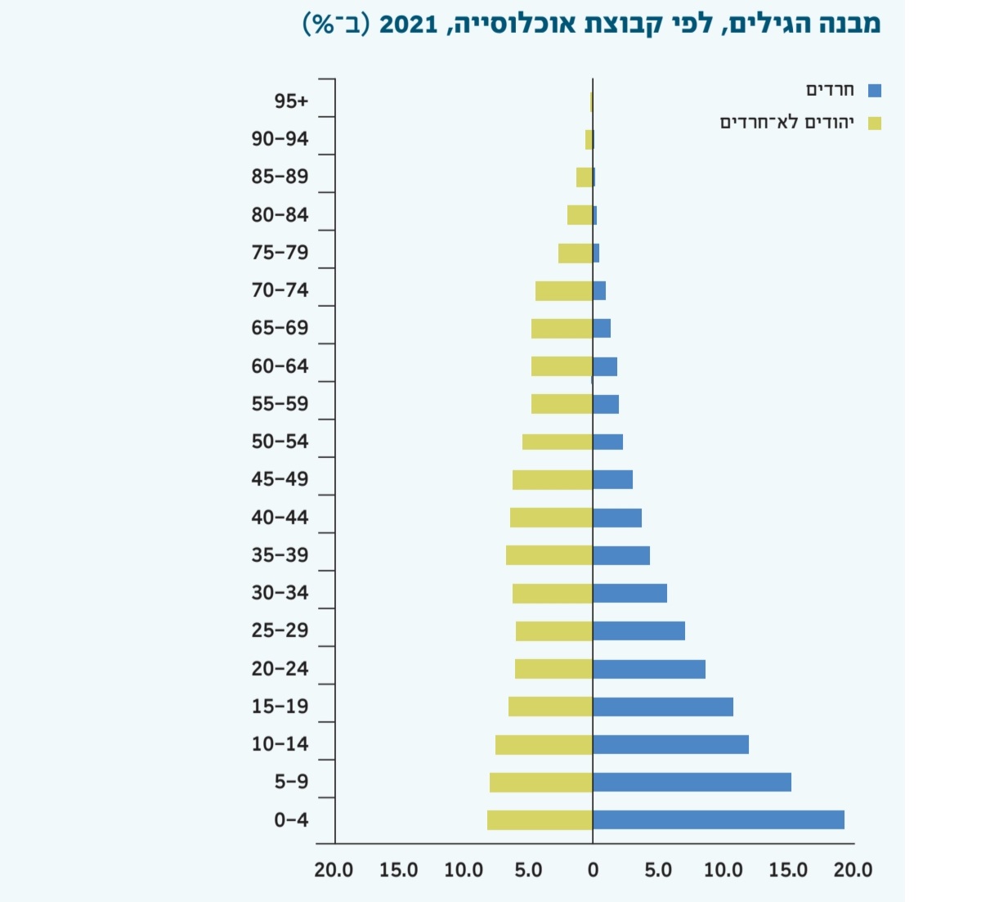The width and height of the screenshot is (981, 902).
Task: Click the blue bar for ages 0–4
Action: point(718,819)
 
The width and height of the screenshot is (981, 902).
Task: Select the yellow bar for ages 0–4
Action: point(540,819)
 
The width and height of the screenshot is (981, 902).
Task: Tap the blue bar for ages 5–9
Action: point(692,782)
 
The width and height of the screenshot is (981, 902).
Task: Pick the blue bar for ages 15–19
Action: point(663,707)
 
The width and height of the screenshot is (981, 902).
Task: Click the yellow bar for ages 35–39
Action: point(549,555)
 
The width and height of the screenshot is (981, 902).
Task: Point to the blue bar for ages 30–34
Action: point(629,593)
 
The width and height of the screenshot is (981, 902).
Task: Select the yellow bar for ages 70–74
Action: point(564,290)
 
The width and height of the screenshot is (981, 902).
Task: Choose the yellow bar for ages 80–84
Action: point(580,215)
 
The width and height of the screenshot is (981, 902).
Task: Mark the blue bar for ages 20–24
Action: point(649,669)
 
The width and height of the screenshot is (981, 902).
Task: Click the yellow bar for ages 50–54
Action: point(558,442)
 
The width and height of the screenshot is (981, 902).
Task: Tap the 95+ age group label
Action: point(291,101)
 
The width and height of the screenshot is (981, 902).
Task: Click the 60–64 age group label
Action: point(280,366)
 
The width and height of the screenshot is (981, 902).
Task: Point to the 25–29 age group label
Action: point(280,631)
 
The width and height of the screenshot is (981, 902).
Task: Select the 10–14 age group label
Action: point(280,744)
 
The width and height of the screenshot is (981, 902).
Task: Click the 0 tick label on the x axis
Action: point(594,869)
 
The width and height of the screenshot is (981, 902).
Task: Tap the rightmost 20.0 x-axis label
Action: point(853,869)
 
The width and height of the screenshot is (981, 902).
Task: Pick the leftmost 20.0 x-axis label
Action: point(334,869)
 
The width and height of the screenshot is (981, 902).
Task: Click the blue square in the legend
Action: point(875,91)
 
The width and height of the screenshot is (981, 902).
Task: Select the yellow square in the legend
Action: point(875,123)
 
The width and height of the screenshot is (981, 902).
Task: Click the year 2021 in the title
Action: point(408,24)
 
